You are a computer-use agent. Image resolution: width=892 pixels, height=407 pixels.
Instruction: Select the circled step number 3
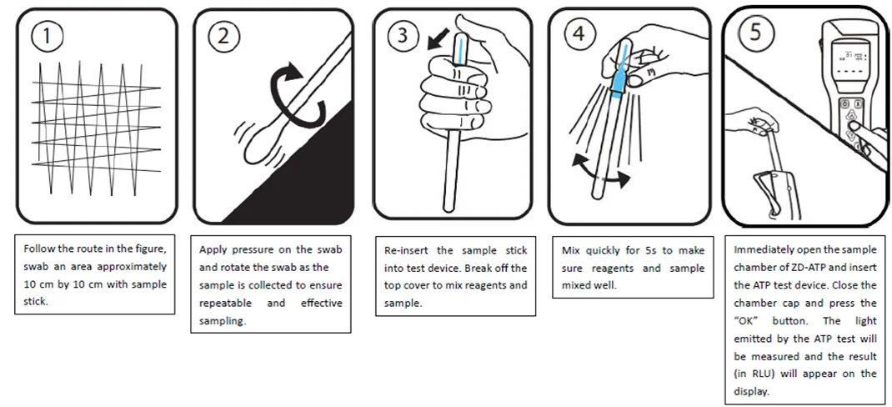pos(403,36)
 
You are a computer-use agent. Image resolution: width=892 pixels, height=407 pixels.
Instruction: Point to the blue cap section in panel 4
pos(618,80)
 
